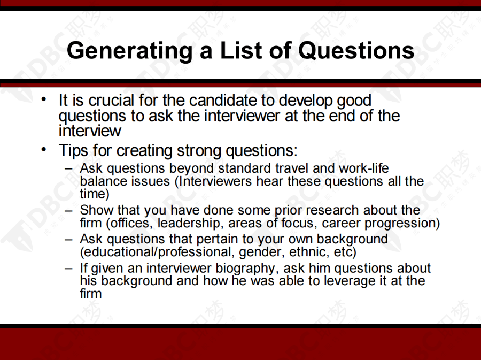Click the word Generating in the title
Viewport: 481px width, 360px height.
pos(130,51)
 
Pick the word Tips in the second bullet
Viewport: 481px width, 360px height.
pos(74,151)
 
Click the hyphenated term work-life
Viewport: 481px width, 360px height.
pos(363,168)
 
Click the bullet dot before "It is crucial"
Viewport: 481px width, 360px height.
pos(44,99)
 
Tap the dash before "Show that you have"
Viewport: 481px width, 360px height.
pos(69,211)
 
